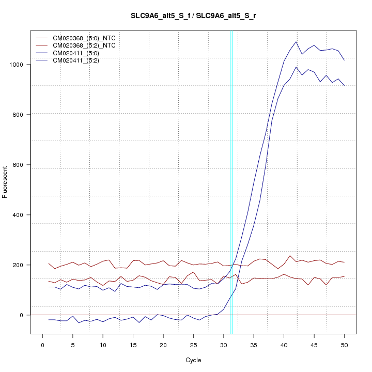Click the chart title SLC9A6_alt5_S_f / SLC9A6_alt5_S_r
click(194, 16)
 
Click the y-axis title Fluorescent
click(5, 182)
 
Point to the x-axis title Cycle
click(194, 360)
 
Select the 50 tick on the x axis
click(345, 345)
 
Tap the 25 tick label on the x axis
click(194, 345)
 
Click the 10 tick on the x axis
click(103, 345)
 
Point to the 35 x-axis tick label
click(254, 345)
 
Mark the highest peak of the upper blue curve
click(296, 42)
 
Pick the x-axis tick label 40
click(284, 345)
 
